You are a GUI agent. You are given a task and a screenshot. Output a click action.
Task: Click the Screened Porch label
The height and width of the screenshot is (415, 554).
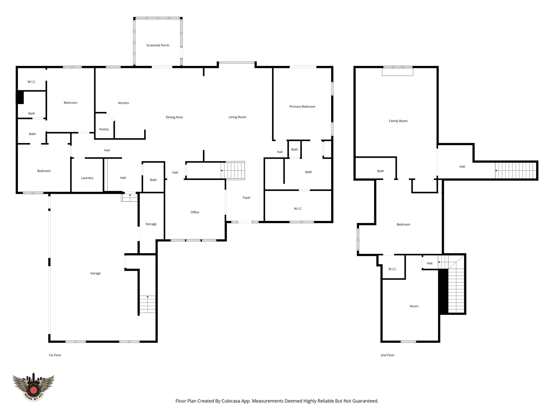[158, 45]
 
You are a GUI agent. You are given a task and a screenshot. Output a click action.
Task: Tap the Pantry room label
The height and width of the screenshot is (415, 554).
[104, 129]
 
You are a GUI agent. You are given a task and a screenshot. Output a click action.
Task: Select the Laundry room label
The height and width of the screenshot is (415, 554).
[87, 178]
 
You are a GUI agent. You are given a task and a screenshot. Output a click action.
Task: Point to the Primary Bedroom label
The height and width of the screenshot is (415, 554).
[302, 107]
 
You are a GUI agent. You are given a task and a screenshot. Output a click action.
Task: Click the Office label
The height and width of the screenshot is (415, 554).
[195, 212]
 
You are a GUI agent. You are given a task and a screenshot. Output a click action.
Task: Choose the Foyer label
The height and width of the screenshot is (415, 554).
[246, 198]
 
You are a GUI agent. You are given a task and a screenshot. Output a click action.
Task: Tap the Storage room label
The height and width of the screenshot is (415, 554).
[151, 224]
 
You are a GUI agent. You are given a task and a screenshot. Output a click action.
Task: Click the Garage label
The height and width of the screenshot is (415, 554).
[95, 273]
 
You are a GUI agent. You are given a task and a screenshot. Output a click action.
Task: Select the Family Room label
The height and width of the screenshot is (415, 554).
[398, 121]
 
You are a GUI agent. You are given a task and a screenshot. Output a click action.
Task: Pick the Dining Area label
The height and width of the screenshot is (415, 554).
[174, 117]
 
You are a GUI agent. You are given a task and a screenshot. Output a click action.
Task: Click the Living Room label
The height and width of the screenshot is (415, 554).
[237, 117]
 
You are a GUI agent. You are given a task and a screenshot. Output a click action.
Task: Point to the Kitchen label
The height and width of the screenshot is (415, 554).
[124, 103]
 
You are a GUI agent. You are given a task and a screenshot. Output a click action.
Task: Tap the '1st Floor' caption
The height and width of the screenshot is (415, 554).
[55, 355]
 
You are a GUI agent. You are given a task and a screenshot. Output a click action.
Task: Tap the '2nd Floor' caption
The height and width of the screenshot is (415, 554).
[387, 355]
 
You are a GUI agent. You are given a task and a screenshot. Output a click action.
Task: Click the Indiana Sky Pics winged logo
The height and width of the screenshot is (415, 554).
[34, 387]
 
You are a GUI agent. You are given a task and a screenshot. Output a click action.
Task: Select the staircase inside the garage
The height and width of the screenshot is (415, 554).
[147, 304]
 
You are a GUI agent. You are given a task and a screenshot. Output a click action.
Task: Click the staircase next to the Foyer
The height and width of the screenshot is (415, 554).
[233, 170]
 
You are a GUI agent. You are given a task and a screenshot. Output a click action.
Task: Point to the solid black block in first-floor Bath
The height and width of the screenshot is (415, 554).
[20, 97]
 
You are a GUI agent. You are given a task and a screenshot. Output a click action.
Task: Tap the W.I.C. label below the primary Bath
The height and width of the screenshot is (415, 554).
[298, 209]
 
